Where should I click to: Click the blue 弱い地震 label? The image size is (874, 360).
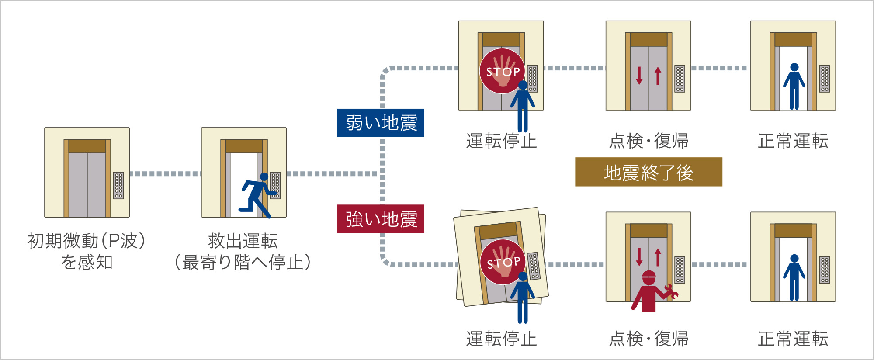point(381,123)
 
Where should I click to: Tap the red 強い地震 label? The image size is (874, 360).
point(381,219)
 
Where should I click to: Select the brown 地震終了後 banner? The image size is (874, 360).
point(649,172)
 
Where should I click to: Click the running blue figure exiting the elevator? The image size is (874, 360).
point(259,195)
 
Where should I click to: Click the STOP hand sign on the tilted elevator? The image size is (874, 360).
point(503,262)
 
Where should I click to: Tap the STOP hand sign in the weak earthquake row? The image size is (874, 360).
point(503,71)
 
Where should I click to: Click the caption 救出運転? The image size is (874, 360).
point(243,241)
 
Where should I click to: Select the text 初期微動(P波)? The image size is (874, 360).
point(87,241)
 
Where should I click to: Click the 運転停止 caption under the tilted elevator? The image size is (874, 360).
point(501,339)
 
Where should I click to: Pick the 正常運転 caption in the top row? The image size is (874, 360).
point(793,141)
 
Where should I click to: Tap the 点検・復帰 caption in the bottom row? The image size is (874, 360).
point(649,339)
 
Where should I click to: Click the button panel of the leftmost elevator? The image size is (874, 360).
point(118,185)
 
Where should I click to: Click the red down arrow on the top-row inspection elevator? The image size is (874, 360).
point(639,76)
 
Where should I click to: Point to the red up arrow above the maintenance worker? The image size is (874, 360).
point(658,257)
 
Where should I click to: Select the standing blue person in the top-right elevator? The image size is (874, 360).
point(794,87)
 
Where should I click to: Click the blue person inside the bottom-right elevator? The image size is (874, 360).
point(794,278)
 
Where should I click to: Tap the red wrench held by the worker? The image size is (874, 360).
point(671,291)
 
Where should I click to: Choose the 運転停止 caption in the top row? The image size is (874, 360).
point(501,141)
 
